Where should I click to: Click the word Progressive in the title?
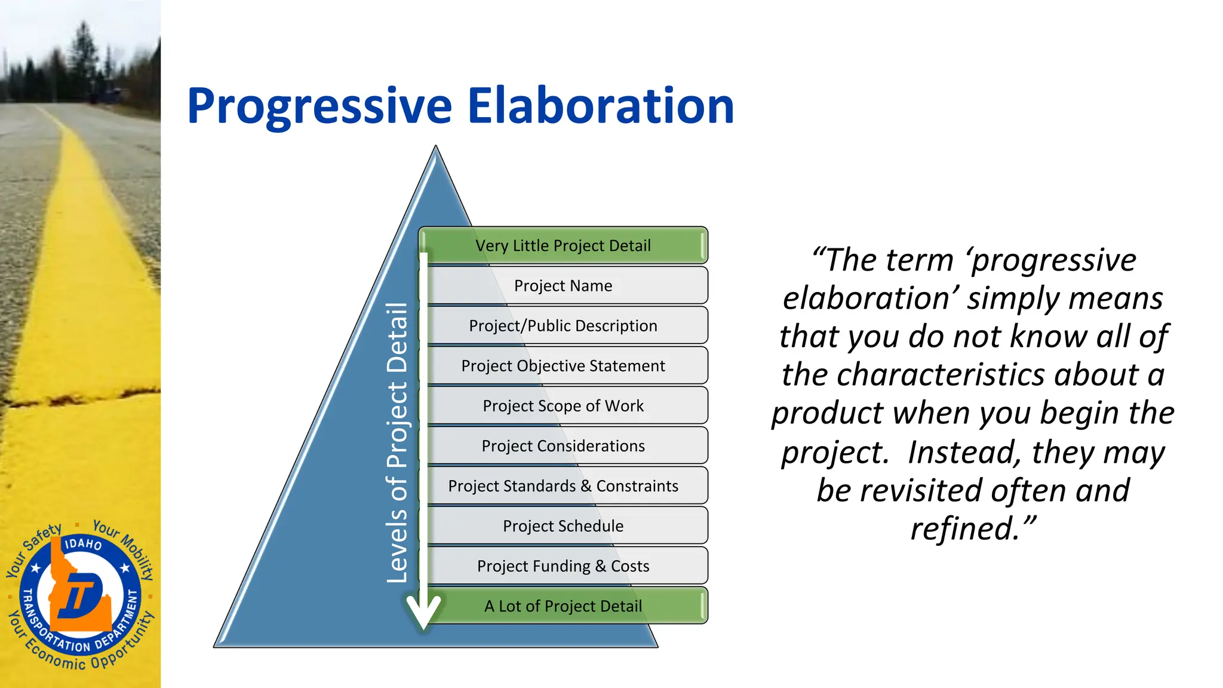(319, 106)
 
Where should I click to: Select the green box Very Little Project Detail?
(563, 245)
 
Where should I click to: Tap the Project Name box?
(563, 285)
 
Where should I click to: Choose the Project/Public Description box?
(563, 325)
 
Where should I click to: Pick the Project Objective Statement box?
(563, 365)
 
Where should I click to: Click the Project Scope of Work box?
(563, 406)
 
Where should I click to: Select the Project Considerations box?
(563, 446)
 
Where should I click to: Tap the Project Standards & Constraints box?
(563, 486)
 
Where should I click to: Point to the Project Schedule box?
(563, 526)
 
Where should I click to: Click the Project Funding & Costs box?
(563, 566)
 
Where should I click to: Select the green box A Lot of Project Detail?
(563, 606)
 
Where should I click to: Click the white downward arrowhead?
(423, 612)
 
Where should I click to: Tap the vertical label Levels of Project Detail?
(397, 442)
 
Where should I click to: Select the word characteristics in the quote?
(944, 375)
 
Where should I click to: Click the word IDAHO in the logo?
(83, 543)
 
